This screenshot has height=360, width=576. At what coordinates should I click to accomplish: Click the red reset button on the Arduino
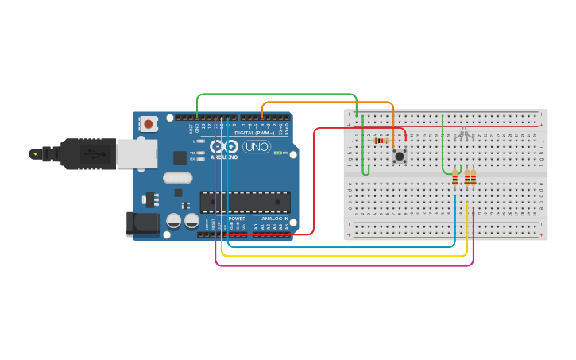148,123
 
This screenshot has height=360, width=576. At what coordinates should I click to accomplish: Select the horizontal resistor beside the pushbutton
381,141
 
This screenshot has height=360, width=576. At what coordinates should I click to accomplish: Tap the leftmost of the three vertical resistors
454,180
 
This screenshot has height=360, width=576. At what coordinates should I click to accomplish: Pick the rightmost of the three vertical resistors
474,179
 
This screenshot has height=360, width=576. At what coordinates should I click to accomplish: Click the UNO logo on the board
256,147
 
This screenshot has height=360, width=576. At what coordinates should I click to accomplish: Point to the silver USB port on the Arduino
136,153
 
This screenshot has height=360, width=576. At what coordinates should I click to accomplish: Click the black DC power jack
143,223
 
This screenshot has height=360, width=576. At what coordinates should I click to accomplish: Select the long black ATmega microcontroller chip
244,202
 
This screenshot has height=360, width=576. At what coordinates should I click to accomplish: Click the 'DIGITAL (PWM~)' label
254,133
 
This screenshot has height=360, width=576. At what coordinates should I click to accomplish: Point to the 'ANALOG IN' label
273,218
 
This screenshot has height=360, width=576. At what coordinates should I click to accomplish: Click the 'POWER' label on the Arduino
237,218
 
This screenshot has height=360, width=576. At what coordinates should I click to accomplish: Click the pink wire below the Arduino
342,265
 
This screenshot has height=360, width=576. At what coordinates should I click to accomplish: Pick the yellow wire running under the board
342,256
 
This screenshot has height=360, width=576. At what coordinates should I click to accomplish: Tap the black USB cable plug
79,153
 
